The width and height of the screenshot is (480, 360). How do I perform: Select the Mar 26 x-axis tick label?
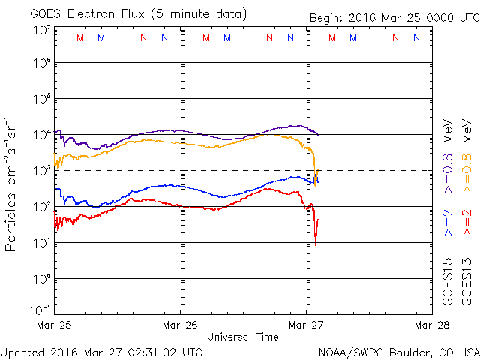pos(181,325)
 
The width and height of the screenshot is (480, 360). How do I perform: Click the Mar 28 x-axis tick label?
pos(430,325)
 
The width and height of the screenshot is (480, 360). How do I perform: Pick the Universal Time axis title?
pos(243,337)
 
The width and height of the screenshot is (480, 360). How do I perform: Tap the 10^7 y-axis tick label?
pos(40,30)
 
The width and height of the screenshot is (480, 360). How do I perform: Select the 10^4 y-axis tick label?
pos(40,135)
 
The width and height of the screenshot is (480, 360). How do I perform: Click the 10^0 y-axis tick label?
pos(40,278)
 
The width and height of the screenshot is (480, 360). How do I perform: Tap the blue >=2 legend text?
pos(448,223)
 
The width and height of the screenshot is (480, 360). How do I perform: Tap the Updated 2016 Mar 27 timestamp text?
pos(101,351)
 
